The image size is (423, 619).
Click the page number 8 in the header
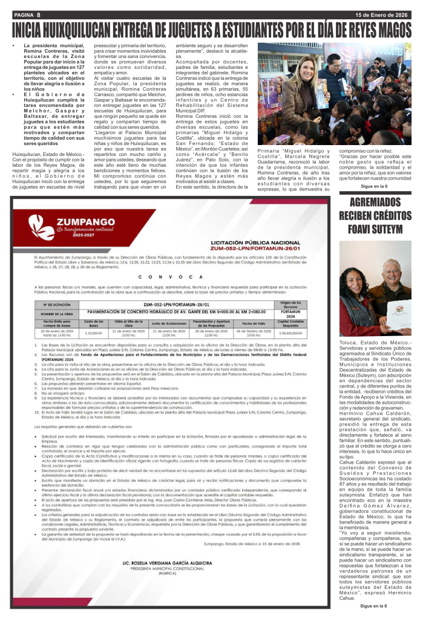pyautogui.click(x=38, y=13)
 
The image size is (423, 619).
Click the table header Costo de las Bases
pyautogui.click(x=93, y=323)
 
